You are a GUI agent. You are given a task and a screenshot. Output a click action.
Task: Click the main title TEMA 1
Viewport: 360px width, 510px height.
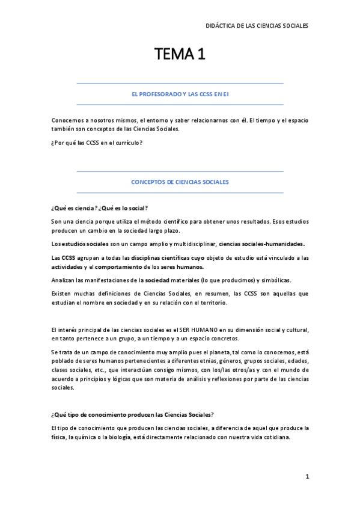point(180,55)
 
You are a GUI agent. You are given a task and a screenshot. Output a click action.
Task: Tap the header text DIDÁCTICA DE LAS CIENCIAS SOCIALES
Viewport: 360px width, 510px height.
point(257,26)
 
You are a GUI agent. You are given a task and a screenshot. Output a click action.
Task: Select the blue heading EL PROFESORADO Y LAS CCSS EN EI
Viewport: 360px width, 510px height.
point(180,94)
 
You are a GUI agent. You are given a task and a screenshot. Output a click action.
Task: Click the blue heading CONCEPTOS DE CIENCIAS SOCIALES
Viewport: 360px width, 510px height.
point(180,182)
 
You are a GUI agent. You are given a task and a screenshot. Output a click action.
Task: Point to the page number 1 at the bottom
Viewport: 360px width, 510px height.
point(307,476)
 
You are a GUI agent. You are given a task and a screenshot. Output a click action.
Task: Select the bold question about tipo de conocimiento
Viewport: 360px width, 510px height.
point(133,415)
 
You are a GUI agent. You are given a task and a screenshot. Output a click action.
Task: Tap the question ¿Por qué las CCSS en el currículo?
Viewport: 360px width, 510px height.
point(97,143)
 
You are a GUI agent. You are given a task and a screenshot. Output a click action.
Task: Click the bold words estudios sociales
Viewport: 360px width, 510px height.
point(83,244)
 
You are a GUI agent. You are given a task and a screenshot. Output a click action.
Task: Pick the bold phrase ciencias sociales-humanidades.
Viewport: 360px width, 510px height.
point(261,244)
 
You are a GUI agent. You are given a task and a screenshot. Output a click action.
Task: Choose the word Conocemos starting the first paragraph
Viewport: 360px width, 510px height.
point(68,120)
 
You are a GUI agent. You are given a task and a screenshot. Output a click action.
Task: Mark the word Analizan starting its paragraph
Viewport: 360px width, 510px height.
point(65,280)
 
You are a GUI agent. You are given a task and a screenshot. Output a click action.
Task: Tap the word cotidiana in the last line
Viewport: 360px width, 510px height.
point(273,437)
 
